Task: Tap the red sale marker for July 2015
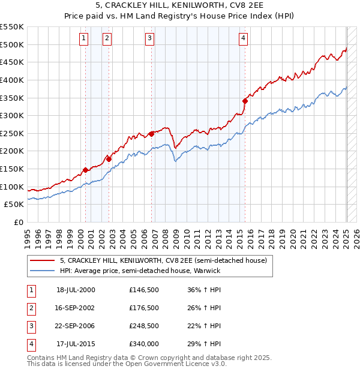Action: (245, 101)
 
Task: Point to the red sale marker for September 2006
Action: (151, 134)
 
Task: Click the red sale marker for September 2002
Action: (109, 159)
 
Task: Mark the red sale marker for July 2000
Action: (85, 170)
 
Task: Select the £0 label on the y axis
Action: (18, 222)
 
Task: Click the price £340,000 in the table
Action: (144, 344)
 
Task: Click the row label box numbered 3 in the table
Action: (30, 326)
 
